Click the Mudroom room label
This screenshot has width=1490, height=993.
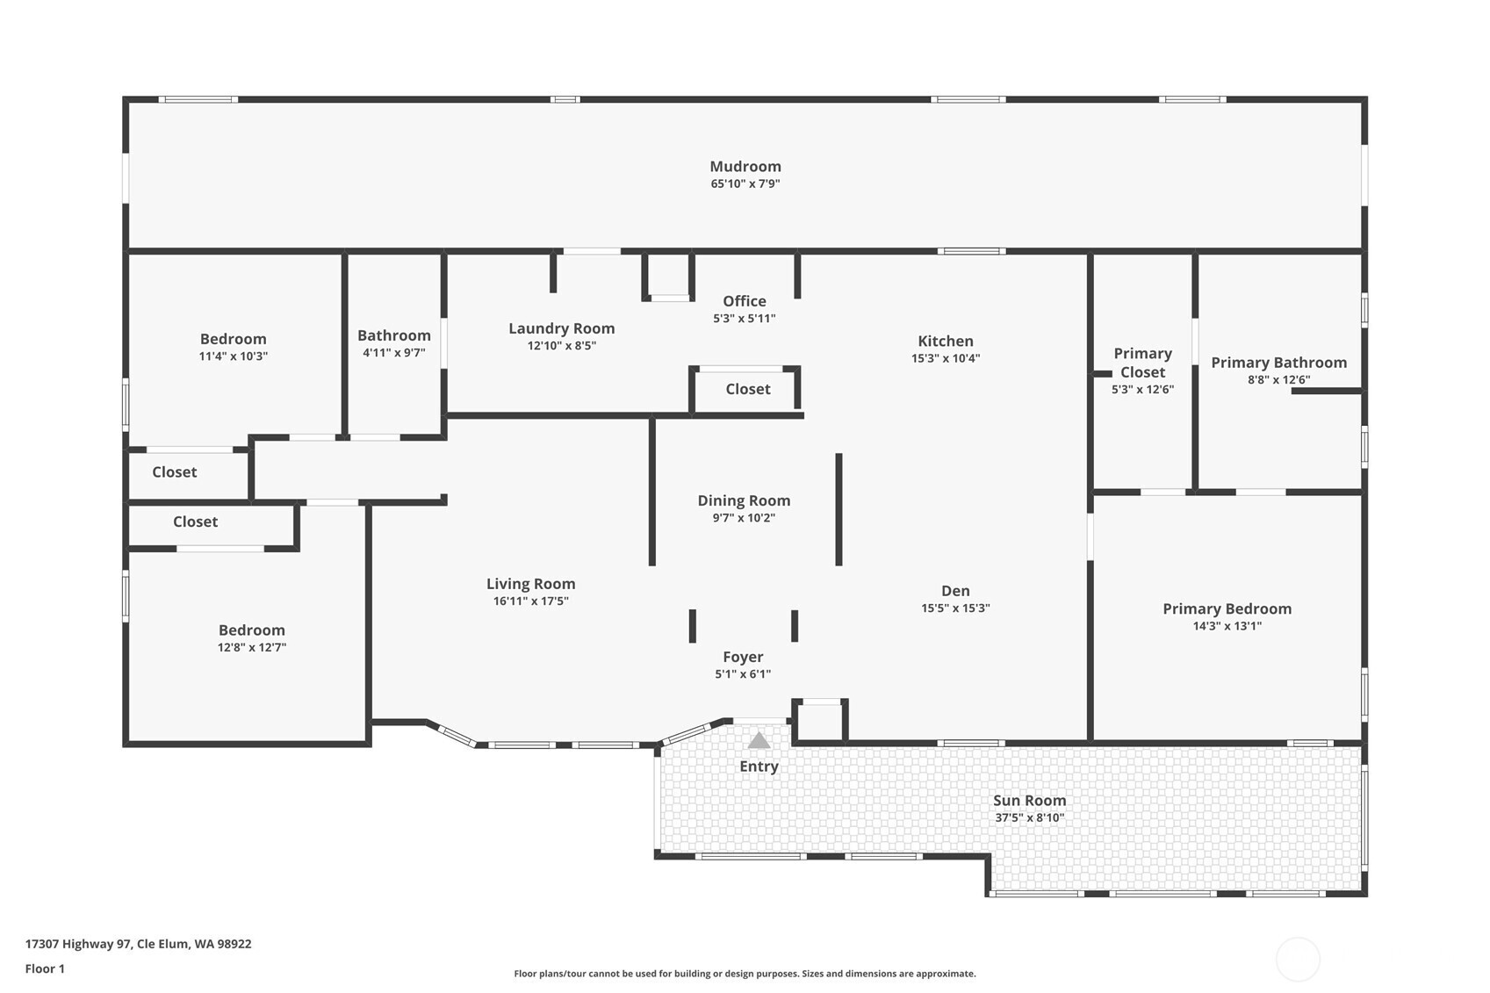click(x=745, y=166)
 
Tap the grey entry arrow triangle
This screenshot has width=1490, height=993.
click(x=759, y=740)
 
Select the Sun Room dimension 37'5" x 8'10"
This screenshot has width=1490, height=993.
click(x=1030, y=817)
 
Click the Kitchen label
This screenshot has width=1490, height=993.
click(x=946, y=342)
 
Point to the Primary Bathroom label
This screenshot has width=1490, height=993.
click(x=1278, y=363)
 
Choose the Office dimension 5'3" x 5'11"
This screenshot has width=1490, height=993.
click(x=745, y=319)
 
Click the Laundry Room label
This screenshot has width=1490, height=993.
click(x=561, y=328)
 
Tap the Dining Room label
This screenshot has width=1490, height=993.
click(x=744, y=500)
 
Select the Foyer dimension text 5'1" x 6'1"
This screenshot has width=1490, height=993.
click(x=743, y=674)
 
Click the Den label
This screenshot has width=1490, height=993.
click(x=955, y=591)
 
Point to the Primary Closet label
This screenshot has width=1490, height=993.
click(x=1143, y=363)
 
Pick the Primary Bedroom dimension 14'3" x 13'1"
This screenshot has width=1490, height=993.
click(x=1227, y=626)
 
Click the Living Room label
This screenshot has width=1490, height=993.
click(x=531, y=584)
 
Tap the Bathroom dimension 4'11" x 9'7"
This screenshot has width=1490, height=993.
click(x=393, y=352)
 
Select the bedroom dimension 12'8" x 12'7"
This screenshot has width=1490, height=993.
click(x=251, y=647)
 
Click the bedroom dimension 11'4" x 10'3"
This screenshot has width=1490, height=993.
click(x=233, y=356)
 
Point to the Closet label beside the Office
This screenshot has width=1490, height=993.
click(x=748, y=389)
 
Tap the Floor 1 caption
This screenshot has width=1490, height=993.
click(x=46, y=969)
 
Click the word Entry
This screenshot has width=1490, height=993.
click(x=759, y=766)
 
